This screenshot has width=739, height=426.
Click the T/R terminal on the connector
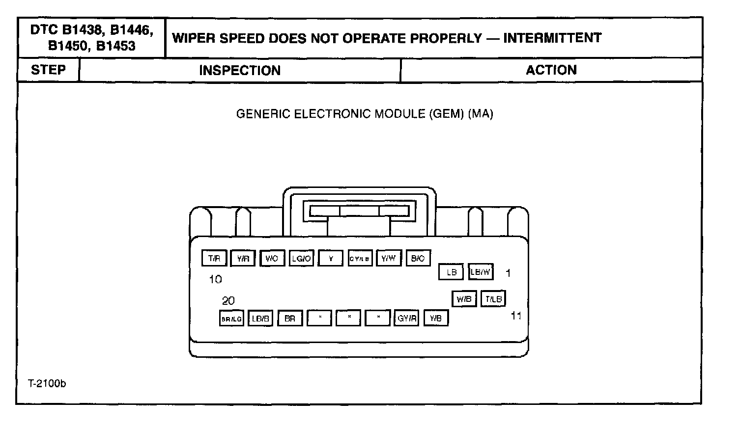[x=214, y=258]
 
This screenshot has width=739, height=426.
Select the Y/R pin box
[x=243, y=258]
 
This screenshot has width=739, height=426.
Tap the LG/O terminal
[x=301, y=258]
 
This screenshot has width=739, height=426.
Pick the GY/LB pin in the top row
[x=360, y=258]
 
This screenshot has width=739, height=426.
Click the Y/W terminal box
[x=389, y=258]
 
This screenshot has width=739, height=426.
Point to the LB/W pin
[x=481, y=271]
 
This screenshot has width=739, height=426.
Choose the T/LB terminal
[x=493, y=298]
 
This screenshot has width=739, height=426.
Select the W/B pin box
[x=464, y=298]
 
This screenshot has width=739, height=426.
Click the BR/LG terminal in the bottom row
[x=231, y=319]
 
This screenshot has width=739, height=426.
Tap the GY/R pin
[x=407, y=319]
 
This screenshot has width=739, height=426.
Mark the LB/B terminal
[x=260, y=319]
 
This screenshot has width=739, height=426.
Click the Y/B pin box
[x=436, y=319]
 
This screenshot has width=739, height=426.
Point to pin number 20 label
[x=228, y=300]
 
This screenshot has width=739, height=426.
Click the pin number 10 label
[x=215, y=279]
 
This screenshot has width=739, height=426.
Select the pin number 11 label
[x=516, y=316]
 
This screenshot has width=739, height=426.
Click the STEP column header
[x=48, y=70]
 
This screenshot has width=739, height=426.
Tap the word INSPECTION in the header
[x=240, y=70]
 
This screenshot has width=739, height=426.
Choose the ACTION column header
[x=551, y=70]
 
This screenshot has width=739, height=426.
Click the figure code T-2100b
[x=47, y=383]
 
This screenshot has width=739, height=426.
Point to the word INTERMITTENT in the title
[x=552, y=38]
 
